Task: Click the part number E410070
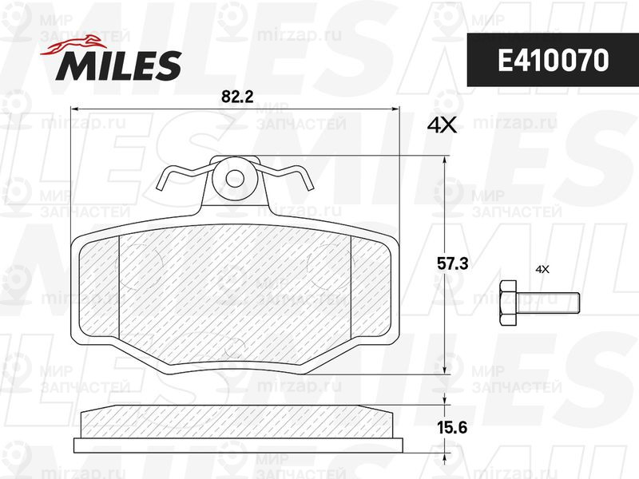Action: [553, 61]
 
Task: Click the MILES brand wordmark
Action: [118, 65]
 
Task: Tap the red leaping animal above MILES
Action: [71, 44]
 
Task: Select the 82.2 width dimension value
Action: [237, 97]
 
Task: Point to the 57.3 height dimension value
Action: [452, 264]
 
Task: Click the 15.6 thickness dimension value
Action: [452, 428]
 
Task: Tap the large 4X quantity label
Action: [442, 126]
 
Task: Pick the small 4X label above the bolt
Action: [542, 269]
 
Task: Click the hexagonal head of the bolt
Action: [508, 303]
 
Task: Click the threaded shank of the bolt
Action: [548, 303]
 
